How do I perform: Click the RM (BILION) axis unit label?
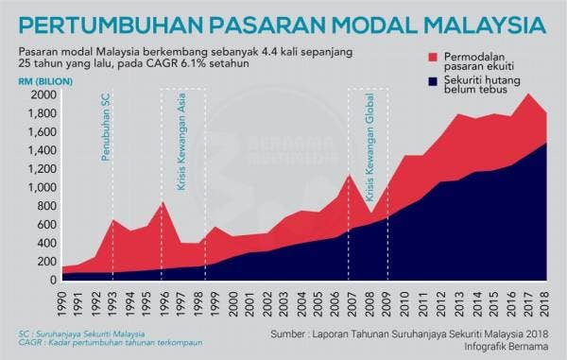click(x=40, y=81)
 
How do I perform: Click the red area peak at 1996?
click(x=163, y=202)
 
